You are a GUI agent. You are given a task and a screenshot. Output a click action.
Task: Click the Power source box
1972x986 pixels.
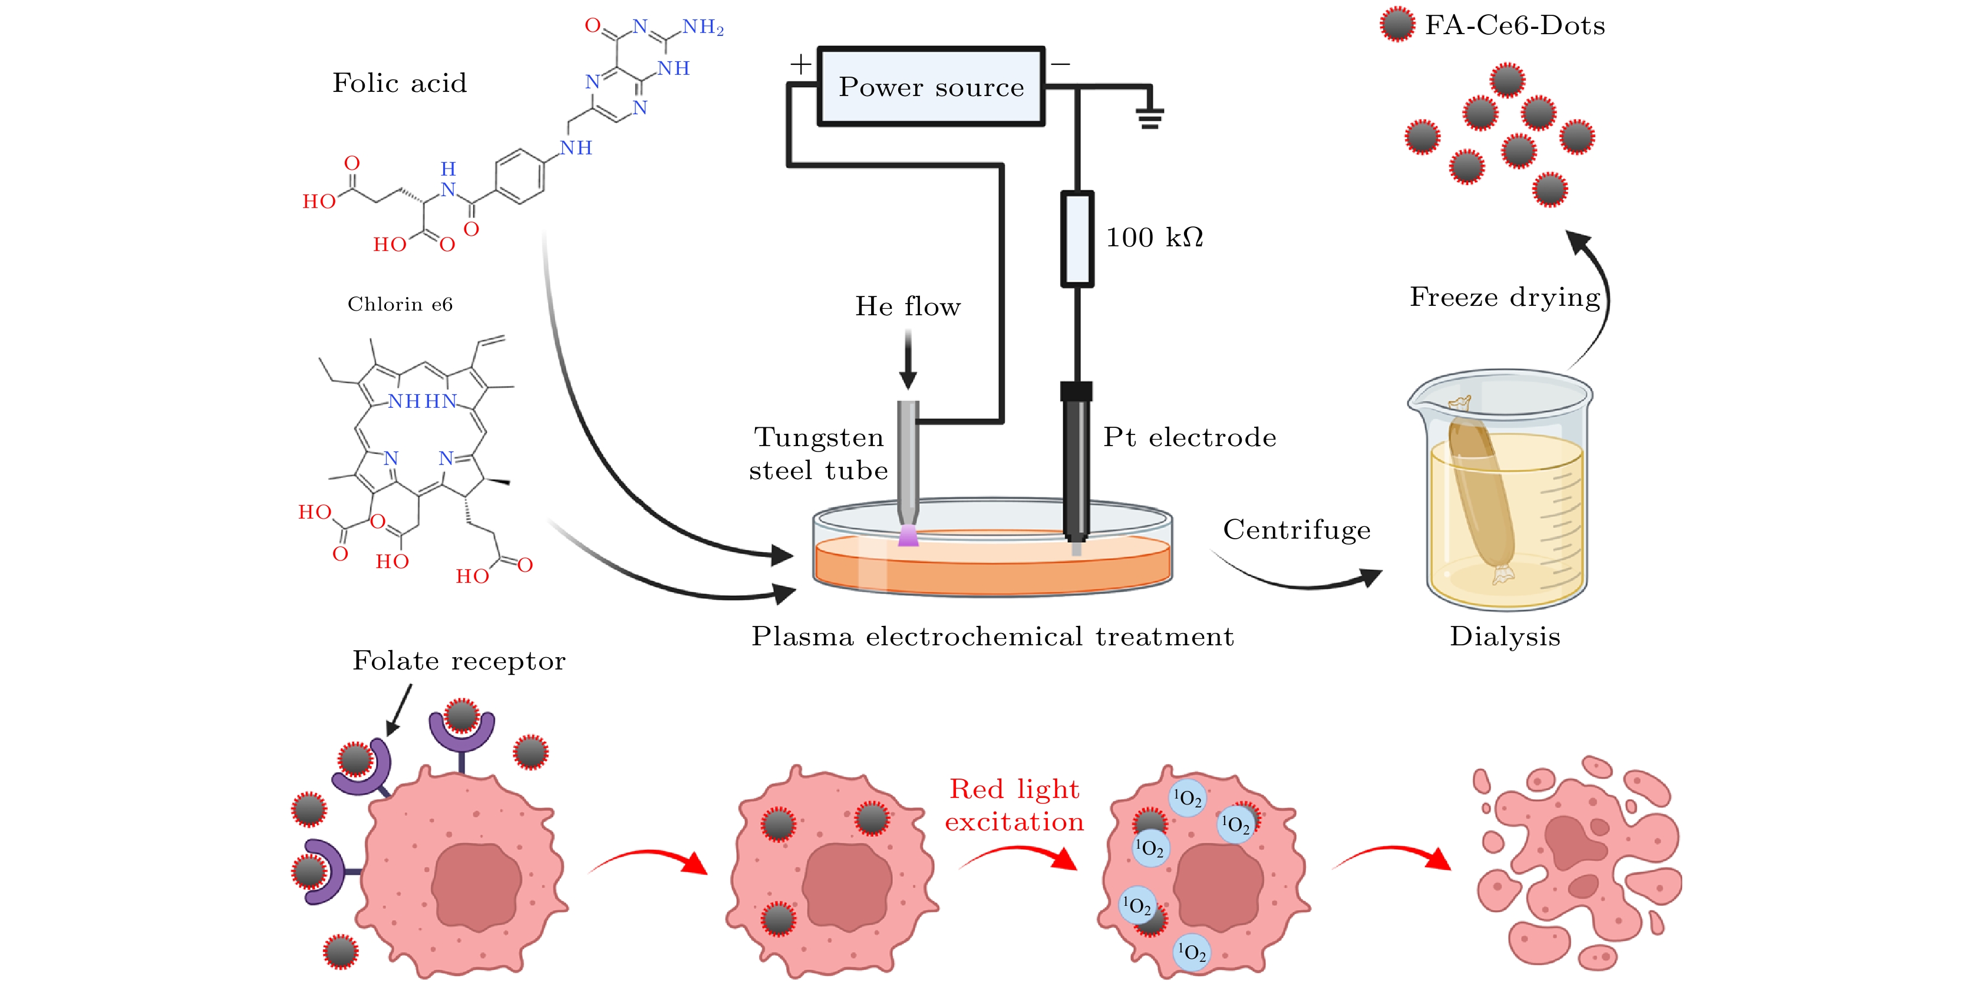931,87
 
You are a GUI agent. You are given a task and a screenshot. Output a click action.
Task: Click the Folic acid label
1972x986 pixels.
399,83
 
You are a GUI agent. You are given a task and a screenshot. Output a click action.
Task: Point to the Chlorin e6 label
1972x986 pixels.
400,305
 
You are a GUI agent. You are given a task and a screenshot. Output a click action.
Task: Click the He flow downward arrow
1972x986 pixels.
908,360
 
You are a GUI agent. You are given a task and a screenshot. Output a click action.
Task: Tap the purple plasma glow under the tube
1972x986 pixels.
908,536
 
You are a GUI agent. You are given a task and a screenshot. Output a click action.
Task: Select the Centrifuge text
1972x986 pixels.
1296,530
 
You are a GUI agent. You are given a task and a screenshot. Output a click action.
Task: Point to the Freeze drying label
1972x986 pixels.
1504,297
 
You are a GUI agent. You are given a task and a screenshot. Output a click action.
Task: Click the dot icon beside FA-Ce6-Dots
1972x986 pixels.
1397,25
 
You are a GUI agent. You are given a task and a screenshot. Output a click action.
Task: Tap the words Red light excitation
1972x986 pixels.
1014,805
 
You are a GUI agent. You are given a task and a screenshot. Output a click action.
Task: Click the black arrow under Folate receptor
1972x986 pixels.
400,710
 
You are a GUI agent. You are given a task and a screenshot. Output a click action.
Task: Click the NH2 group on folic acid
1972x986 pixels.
703,28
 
